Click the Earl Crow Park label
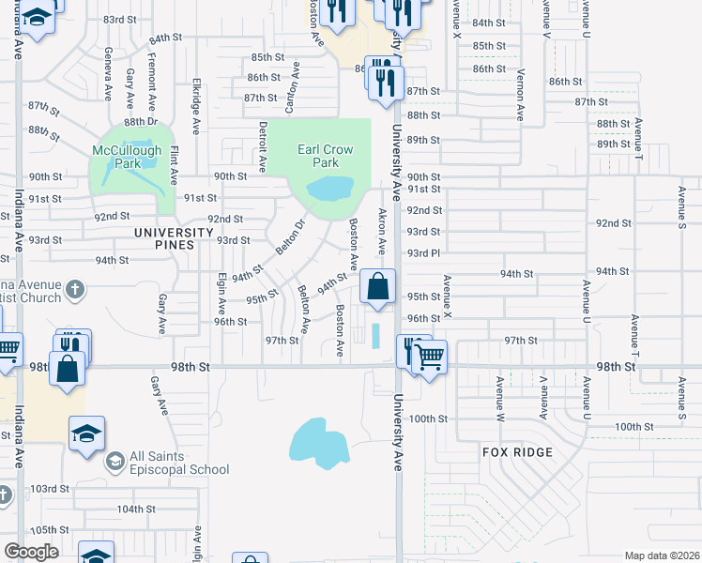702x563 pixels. [x=325, y=155]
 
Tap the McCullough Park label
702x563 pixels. [x=127, y=156]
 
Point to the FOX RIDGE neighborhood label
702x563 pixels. [x=517, y=452]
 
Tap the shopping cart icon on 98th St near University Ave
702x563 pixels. [x=430, y=356]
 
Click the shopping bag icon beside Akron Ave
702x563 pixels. [x=377, y=286]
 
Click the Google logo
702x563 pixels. [x=31, y=552]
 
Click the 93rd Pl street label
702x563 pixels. [x=424, y=253]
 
